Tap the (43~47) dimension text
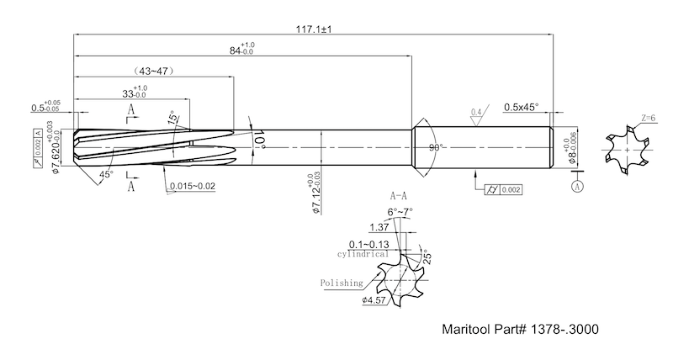pyautogui.click(x=154, y=72)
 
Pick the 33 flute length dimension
pyautogui.click(x=135, y=93)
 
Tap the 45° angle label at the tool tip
pyautogui.click(x=107, y=174)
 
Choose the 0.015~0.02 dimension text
pyautogui.click(x=193, y=185)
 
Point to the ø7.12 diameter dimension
pyautogui.click(x=316, y=193)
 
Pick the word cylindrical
pyautogui.click(x=363, y=252)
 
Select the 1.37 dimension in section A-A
pyautogui.click(x=379, y=228)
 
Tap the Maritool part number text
pyautogui.click(x=521, y=331)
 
